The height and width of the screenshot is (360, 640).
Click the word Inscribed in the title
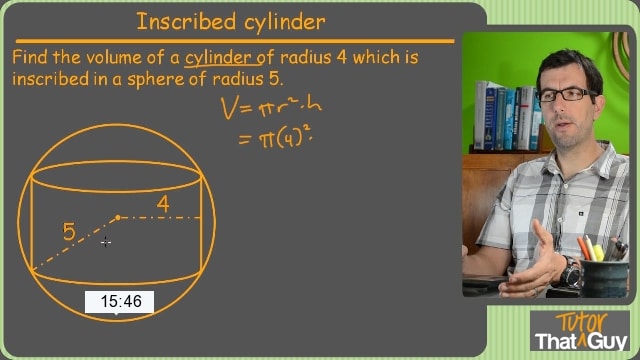187,22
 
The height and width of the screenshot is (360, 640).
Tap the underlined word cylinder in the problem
218,58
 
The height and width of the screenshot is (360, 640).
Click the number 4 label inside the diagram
163,204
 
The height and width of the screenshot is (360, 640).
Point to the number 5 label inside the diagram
69,231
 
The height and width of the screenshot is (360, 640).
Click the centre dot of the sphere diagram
118,218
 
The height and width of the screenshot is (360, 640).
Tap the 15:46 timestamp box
119,302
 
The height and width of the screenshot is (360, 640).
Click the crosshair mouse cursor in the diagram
106,242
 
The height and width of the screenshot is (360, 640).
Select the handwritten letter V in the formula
229,108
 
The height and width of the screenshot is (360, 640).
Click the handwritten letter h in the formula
314,104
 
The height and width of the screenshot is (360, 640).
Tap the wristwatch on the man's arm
570,273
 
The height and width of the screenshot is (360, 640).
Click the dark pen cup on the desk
604,278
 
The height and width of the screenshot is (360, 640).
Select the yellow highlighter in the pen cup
598,253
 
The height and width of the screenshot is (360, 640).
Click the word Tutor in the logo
581,322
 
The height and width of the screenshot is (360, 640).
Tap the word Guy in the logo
607,341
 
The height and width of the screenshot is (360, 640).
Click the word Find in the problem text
29,57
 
